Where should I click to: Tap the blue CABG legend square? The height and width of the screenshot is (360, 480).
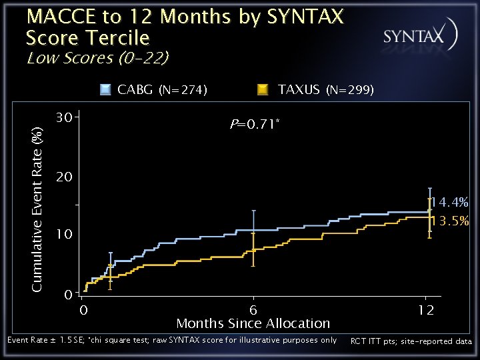[x=105, y=90]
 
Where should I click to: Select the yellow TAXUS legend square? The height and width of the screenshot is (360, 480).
[x=263, y=90]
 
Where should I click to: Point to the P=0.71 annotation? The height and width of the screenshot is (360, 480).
[x=255, y=124]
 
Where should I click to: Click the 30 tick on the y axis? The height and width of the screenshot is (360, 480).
[x=64, y=117]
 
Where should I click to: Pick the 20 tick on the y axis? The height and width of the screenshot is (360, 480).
[x=64, y=176]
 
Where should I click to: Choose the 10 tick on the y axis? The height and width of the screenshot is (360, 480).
[x=64, y=234]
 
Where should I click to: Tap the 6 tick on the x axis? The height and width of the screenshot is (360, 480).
[x=253, y=310]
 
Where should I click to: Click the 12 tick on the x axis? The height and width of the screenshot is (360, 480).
[x=426, y=310]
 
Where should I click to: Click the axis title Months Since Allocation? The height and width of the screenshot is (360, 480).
[x=253, y=323]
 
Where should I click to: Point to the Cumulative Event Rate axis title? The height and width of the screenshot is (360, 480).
[x=37, y=210]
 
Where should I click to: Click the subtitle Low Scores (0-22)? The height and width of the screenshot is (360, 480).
[x=98, y=57]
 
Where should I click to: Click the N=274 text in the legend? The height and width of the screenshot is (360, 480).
[x=183, y=90]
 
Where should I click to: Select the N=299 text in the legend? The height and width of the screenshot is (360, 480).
[x=350, y=90]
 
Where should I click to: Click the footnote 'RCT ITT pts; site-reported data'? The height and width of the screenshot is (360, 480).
[x=411, y=341]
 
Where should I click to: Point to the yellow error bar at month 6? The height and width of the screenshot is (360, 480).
[x=253, y=249]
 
